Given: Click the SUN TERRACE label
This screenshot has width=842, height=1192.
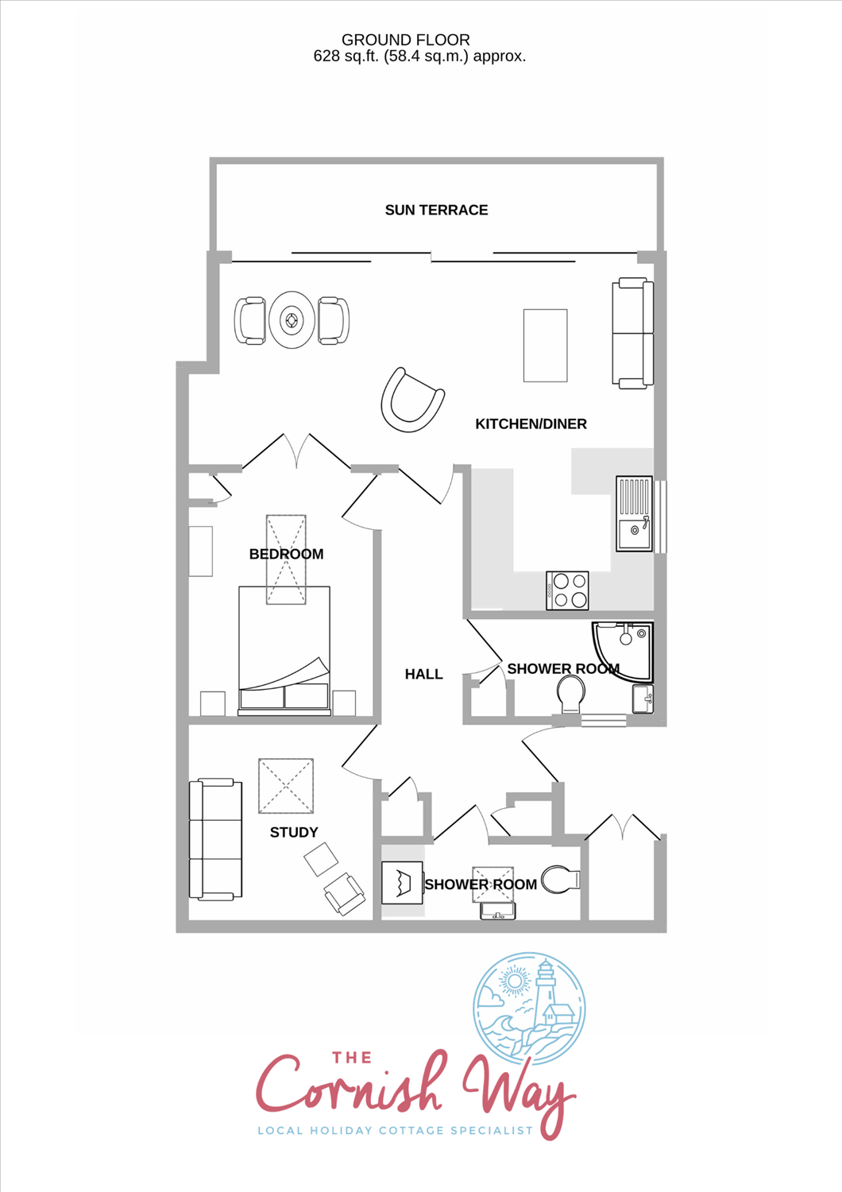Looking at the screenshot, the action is (436, 211).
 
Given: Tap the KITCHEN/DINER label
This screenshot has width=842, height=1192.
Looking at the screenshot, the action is (531, 424).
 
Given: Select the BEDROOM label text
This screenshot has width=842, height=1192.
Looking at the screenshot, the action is (286, 554).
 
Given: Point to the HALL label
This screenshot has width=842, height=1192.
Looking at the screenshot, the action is (424, 674).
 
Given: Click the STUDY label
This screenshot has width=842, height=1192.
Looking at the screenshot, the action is (294, 832).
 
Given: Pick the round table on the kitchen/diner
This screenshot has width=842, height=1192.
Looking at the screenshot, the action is (292, 319).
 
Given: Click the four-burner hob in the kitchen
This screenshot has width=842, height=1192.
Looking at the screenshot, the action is (567, 590).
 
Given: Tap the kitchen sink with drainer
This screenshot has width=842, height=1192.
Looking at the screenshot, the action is (634, 513).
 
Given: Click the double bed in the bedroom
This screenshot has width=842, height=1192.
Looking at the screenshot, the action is (284, 651).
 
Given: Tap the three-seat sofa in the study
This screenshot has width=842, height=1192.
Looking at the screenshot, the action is (215, 839).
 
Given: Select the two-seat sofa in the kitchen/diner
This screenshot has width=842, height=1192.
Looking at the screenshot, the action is (632, 333).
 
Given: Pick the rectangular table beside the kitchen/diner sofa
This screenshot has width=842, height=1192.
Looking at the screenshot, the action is (545, 346).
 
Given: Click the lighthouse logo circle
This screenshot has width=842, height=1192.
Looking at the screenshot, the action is (529, 1008).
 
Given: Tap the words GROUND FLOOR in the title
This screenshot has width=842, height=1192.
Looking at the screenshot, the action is (405, 40).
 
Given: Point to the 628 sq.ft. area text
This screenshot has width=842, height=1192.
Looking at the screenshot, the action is (346, 56).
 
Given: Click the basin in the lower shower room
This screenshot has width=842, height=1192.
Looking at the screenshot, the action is (497, 911).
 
